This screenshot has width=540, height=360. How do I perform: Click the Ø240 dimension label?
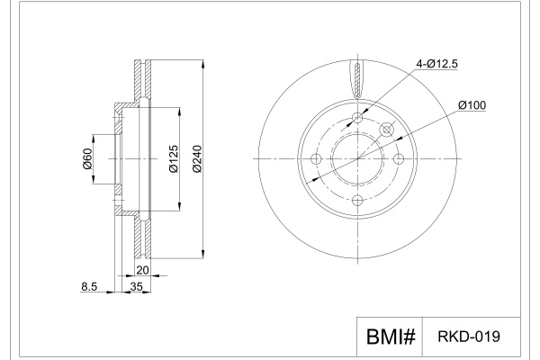click(197, 158)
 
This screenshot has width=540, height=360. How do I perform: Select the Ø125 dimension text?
click(174, 158)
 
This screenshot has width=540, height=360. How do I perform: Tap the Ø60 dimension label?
click(87, 158)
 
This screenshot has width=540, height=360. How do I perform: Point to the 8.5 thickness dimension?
click(89, 286)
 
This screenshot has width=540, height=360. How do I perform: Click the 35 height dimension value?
click(137, 286)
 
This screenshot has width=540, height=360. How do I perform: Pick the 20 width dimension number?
click(142, 270)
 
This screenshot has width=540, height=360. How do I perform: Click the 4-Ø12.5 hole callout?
click(436, 64)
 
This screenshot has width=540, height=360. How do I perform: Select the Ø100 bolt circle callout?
click(472, 105)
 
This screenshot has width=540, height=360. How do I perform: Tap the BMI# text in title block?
click(391, 337)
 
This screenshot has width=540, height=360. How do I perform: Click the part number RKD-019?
click(469, 337)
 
